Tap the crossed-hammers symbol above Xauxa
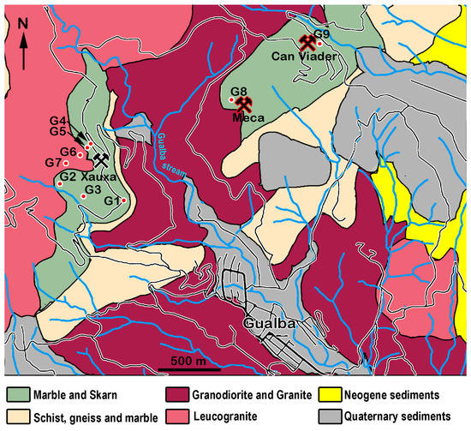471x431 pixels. [101, 159]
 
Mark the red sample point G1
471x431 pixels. [124, 201]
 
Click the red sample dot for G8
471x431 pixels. [231, 100]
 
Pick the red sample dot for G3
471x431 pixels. [83, 196]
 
